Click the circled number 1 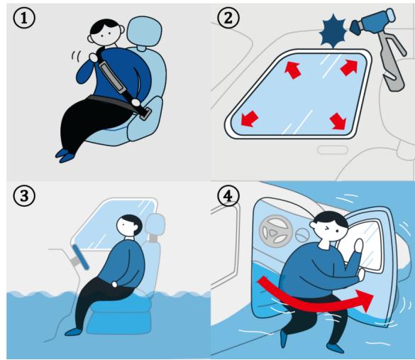(x=24, y=18)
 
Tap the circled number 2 (x=228, y=18)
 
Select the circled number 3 (x=24, y=196)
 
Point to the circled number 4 (x=228, y=196)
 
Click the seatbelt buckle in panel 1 (x=145, y=114)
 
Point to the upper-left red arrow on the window (x=293, y=70)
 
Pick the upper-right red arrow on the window (x=349, y=67)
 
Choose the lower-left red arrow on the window (x=249, y=119)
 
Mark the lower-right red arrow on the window (x=338, y=121)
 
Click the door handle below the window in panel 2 (x=333, y=150)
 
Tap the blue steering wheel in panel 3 (x=81, y=257)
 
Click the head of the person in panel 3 (x=129, y=226)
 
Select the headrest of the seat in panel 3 (x=155, y=224)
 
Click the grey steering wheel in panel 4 (x=275, y=231)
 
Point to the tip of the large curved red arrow (x=373, y=295)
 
